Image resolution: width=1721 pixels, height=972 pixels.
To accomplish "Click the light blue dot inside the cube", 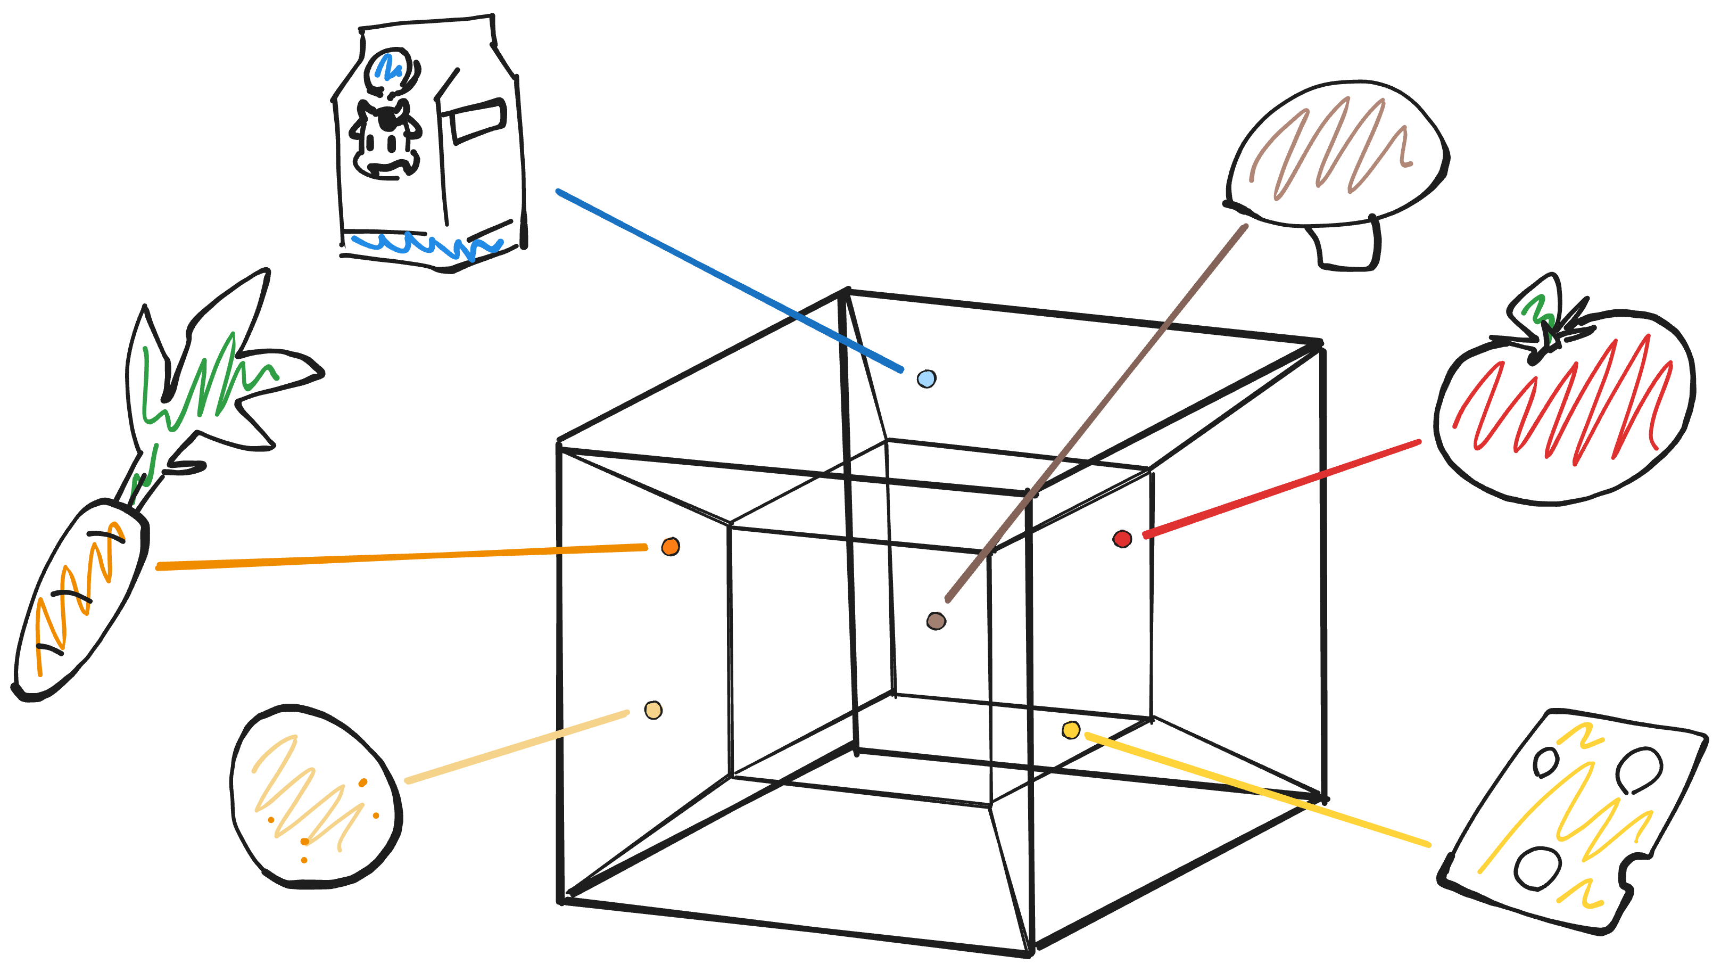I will tap(926, 379).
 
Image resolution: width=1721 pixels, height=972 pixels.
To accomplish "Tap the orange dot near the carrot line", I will tap(670, 547).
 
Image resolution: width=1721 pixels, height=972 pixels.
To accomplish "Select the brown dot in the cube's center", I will tap(936, 621).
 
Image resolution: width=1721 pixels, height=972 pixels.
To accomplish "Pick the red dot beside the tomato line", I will tap(1122, 539).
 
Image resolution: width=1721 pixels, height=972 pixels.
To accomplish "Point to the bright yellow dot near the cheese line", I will tap(1071, 730).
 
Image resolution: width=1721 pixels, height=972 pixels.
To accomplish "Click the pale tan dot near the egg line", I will tap(653, 710).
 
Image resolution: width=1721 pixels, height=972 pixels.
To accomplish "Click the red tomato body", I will tap(1563, 415).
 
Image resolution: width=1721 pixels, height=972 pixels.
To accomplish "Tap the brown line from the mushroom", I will tap(1096, 415).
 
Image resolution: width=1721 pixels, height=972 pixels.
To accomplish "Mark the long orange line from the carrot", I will tap(401, 557).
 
